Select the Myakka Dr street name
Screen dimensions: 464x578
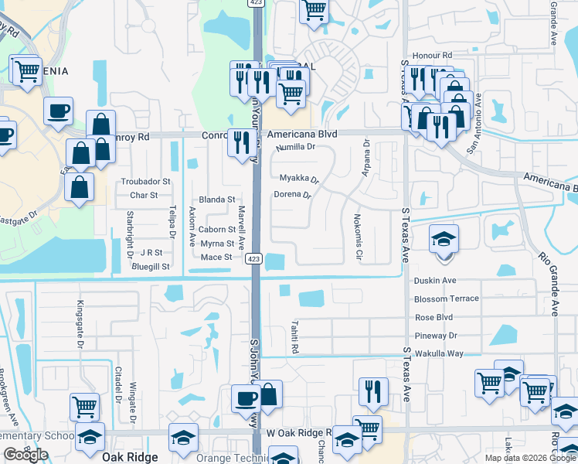pyautogui.click(x=299, y=179)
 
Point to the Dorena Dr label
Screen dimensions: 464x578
pyautogui.click(x=292, y=195)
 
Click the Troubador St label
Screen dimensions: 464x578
pyautogui.click(x=145, y=182)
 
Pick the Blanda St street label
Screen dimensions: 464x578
pyautogui.click(x=216, y=200)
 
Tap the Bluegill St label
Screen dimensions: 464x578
pyautogui.click(x=151, y=266)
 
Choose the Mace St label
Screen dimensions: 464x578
pyautogui.click(x=216, y=257)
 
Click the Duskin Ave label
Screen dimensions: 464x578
pyautogui.click(x=435, y=281)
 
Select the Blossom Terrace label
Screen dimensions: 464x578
pyautogui.click(x=447, y=299)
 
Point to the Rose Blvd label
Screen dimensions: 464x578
pyautogui.click(x=434, y=317)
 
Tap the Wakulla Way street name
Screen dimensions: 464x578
pyautogui.click(x=439, y=353)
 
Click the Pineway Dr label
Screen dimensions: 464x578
pyautogui.click(x=436, y=336)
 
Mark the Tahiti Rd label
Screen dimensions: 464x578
pyautogui.click(x=295, y=337)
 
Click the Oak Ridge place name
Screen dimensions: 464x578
pyautogui.click(x=130, y=457)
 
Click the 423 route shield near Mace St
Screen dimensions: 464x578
pyautogui.click(x=254, y=259)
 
